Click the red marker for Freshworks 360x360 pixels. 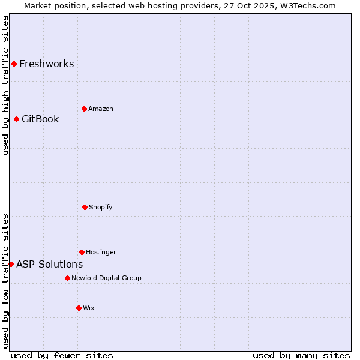(14, 64)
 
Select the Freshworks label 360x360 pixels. (47, 64)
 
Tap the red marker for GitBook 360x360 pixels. (16, 119)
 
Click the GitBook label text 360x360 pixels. (40, 119)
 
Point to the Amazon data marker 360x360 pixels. (84, 109)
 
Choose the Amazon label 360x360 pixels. (101, 109)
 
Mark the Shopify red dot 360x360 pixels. (85, 207)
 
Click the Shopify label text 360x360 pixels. (101, 208)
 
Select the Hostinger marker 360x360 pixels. (82, 252)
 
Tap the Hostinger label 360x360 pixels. (101, 253)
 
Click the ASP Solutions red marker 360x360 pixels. (11, 264)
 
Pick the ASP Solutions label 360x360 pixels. (50, 265)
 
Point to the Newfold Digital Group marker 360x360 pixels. (67, 278)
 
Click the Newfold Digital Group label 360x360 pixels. (107, 278)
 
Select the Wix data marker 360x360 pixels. (79, 308)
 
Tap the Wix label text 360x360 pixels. (89, 308)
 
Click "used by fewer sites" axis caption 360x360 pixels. (62, 356)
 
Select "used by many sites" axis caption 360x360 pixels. (301, 356)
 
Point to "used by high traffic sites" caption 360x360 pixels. (5, 85)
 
